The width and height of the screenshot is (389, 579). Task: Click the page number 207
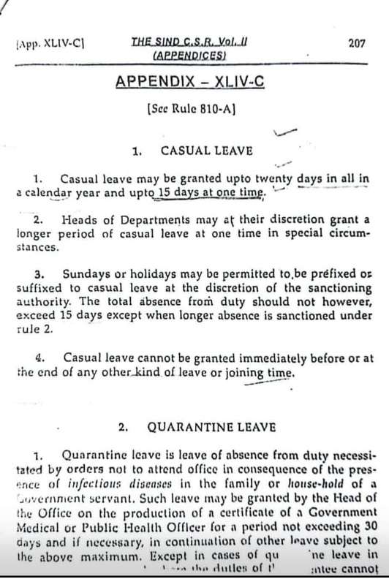coord(357,43)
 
